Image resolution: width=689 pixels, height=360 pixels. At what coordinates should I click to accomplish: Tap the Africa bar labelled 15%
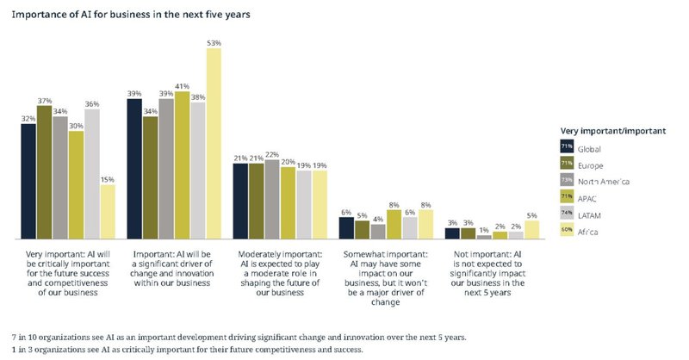[108, 211]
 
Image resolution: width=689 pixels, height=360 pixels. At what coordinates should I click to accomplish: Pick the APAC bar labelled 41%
[183, 164]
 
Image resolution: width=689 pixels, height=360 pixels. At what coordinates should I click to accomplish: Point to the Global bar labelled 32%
[28, 181]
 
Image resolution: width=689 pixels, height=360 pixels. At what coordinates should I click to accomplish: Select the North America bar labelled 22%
[272, 199]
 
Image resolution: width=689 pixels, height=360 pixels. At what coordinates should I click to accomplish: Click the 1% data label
[483, 229]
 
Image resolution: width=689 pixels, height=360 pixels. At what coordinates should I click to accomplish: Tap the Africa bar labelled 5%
[531, 229]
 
